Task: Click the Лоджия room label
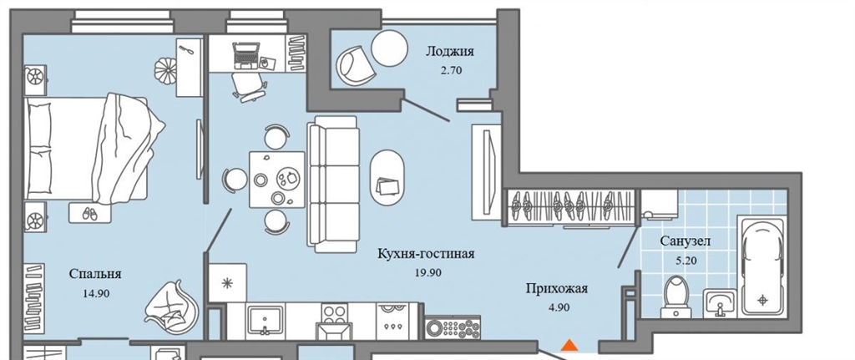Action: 450,53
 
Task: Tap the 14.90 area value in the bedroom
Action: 96,293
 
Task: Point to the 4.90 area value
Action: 556,307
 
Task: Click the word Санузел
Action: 686,241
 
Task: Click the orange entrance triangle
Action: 569,345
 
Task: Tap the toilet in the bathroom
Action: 676,297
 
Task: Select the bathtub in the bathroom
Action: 762,266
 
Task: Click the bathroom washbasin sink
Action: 721,302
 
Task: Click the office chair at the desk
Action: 250,87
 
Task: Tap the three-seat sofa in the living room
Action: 332,185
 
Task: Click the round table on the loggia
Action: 389,48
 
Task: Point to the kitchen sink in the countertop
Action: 265,320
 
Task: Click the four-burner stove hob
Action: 334,313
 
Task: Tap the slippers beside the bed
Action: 89,213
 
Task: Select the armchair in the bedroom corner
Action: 170,309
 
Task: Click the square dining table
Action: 277,180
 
